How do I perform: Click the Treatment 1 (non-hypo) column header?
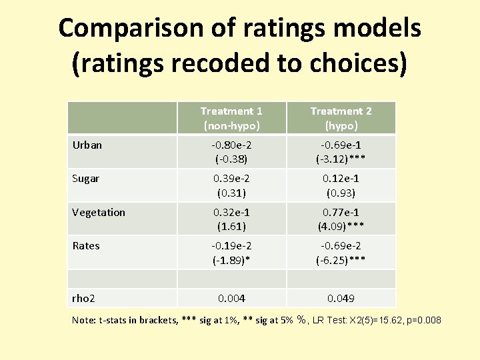(231, 118)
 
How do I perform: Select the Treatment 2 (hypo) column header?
(341, 118)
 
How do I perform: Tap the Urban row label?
(87, 145)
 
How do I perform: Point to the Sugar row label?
(86, 178)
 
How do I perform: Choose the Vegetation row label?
(99, 212)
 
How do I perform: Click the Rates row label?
(86, 245)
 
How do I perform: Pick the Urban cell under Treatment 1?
(231, 152)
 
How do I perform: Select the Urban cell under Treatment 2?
(341, 152)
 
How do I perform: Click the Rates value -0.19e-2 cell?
(231, 246)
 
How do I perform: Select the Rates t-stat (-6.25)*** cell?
(341, 260)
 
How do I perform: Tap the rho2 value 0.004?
(231, 298)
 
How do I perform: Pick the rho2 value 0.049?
(341, 298)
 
